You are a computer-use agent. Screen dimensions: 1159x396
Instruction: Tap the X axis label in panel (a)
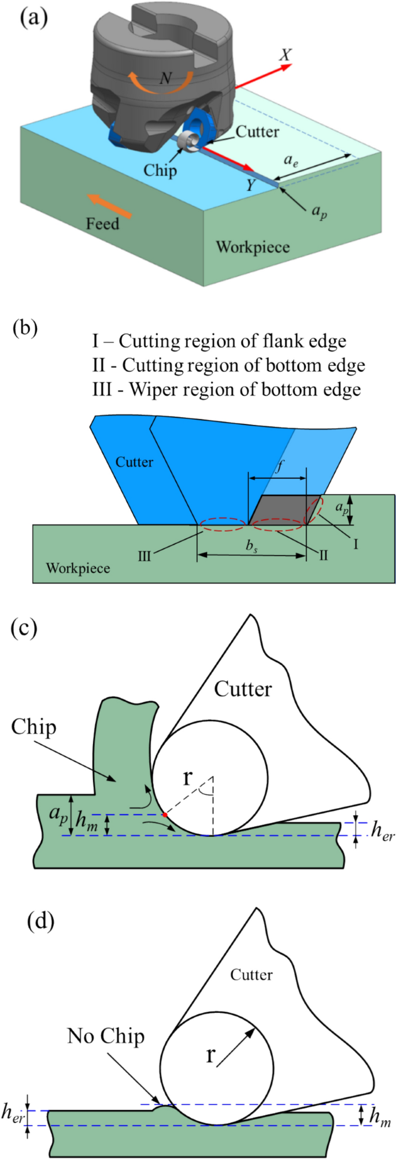coord(285,55)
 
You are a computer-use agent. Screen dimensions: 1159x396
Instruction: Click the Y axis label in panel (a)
coord(251,185)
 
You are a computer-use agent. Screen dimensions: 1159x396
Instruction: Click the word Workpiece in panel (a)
coord(253,247)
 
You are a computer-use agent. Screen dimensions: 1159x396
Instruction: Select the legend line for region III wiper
coord(226,390)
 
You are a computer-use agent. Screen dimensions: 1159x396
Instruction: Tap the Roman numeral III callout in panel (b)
coord(144,556)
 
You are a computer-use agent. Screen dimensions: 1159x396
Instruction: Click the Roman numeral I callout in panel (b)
coord(356,543)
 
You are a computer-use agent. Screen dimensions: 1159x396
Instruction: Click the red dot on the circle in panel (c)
coord(165,814)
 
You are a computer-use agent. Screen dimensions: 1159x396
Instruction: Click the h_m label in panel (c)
coord(87,821)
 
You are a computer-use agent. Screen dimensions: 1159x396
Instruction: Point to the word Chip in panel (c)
coord(34,727)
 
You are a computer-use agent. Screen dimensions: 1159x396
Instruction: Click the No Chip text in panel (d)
coord(106,1036)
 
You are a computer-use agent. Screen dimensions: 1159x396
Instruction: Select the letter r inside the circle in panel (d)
coord(210,1055)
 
